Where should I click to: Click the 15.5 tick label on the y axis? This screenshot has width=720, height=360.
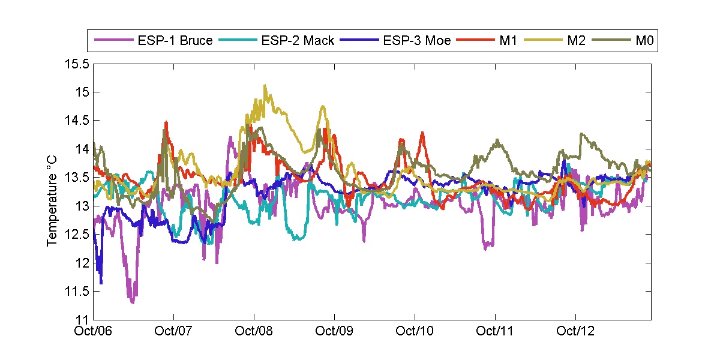[77, 64]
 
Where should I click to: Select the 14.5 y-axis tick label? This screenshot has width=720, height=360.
[77, 121]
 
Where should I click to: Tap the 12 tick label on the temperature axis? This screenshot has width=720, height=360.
[83, 263]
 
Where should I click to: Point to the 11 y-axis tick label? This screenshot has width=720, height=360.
[83, 320]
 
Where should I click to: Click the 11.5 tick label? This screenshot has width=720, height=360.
[77, 292]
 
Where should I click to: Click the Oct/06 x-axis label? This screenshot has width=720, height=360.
[94, 331]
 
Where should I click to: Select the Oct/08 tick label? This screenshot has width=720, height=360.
[254, 331]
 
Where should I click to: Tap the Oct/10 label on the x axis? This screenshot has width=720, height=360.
[415, 331]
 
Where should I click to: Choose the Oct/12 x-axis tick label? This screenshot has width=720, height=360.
[576, 331]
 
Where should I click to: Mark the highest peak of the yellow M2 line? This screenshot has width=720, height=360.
[265, 86]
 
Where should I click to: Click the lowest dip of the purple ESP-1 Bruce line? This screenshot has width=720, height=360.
[132, 302]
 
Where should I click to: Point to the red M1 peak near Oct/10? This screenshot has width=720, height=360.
[422, 133]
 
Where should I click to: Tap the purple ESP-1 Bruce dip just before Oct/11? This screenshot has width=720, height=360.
[487, 248]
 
